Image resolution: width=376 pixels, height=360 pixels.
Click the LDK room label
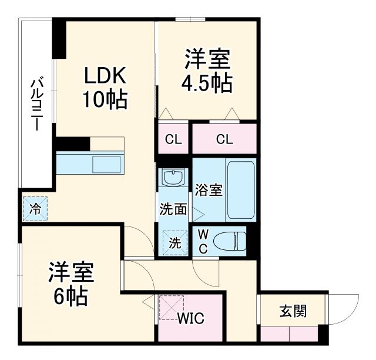[x=104, y=76]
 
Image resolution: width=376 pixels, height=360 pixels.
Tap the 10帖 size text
[x=104, y=100]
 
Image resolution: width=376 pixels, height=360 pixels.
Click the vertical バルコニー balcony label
[x=36, y=104]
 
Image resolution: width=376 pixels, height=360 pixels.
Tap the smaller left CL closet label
[x=173, y=140]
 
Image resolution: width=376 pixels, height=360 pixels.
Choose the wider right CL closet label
[x=224, y=140]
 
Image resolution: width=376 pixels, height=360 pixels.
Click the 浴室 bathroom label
[x=209, y=191]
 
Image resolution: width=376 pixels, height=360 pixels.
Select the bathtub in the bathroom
[x=240, y=189]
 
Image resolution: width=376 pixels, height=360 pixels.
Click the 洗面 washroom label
[x=173, y=209]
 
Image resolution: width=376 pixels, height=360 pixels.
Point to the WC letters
[x=202, y=241]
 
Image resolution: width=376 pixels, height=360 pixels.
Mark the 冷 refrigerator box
[x=36, y=208]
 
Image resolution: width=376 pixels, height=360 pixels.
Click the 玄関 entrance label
[x=293, y=311]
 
